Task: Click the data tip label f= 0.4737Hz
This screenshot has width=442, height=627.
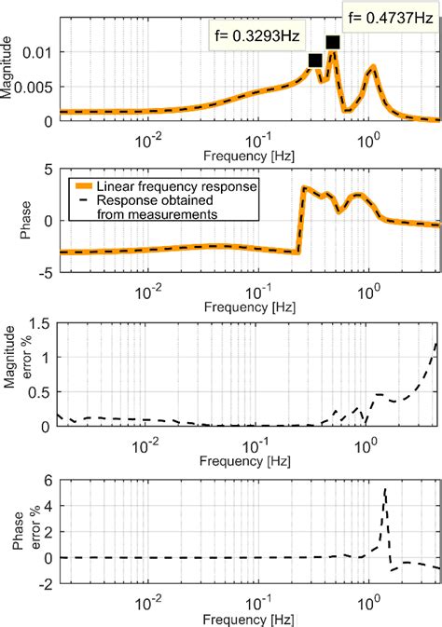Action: coord(389,16)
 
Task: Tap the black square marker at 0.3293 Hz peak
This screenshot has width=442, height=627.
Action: coord(315,61)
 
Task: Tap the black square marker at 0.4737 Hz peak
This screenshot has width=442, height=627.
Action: coord(333,42)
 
